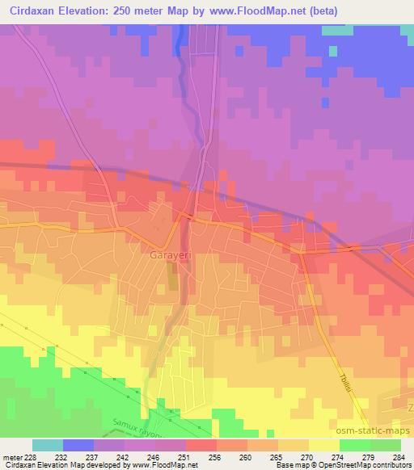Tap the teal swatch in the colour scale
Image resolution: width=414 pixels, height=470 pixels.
[x=48, y=445]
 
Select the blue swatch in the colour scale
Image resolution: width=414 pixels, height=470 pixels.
[x=78, y=445]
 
